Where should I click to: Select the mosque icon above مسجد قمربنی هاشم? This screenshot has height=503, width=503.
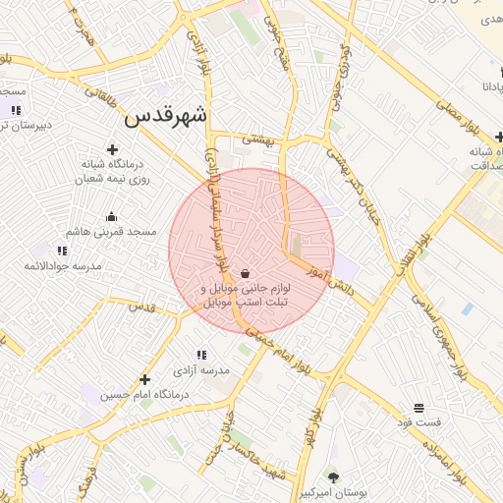click(x=111, y=217)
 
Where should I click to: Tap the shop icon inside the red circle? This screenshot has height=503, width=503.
click(x=244, y=274)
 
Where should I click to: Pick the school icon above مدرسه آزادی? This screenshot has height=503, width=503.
click(x=201, y=355)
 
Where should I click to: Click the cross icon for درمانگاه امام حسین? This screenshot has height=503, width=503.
click(x=145, y=379)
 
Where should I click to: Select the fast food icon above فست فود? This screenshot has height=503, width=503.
click(x=419, y=407)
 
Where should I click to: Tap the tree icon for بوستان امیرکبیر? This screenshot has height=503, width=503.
click(x=333, y=476)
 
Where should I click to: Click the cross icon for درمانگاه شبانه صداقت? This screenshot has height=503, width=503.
click(x=496, y=137)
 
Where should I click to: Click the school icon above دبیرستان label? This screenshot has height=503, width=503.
click(x=16, y=109)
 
